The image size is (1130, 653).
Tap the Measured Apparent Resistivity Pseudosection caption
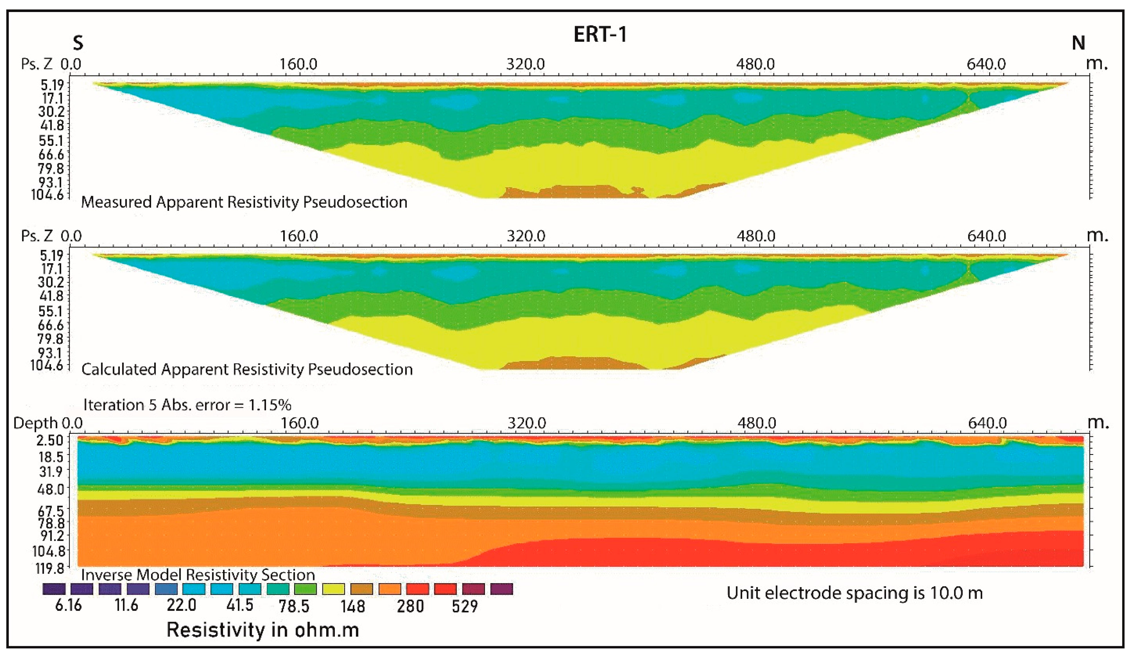click(x=244, y=202)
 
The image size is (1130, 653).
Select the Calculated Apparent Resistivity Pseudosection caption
click(x=247, y=369)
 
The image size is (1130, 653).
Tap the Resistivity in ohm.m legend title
click(x=263, y=630)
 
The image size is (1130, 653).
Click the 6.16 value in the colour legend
click(x=68, y=605)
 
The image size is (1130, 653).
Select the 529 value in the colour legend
click(x=465, y=606)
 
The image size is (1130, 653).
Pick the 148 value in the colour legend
click(x=353, y=606)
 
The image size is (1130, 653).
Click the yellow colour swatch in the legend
click(x=333, y=589)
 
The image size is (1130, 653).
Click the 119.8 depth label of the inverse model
click(x=50, y=569)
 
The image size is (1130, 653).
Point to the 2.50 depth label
click(x=50, y=440)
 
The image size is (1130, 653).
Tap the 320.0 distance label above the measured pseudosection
click(x=525, y=64)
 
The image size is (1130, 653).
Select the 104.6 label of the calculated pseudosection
click(x=47, y=365)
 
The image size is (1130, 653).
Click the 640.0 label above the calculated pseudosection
click(x=986, y=236)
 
